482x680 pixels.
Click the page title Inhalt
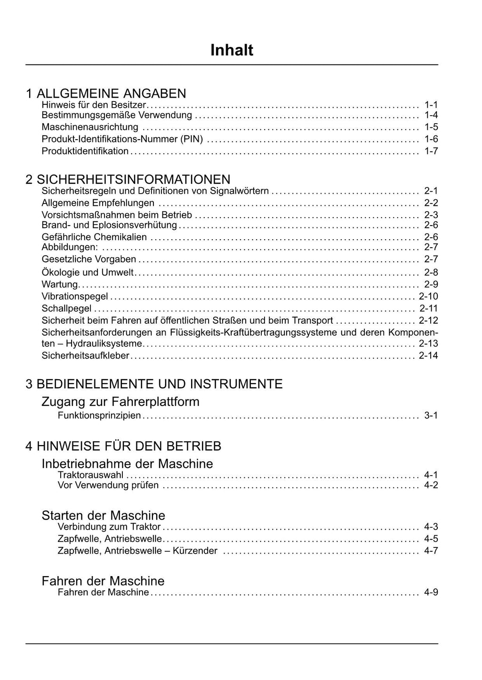tap(232, 50)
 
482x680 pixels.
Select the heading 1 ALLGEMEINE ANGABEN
tap(106, 93)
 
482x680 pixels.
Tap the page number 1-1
tap(431, 104)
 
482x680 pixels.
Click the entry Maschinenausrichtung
tap(90, 127)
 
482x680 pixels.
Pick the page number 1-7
tap(431, 151)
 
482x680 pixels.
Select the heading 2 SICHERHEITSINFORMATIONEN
tap(128, 180)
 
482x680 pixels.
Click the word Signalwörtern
tap(239, 191)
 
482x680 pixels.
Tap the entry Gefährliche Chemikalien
tap(94, 237)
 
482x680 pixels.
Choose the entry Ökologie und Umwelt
tap(88, 273)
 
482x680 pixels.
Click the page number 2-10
tap(428, 296)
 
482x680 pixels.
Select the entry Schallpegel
tap(66, 308)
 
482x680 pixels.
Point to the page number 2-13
tap(428, 344)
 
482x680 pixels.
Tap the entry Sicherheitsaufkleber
tap(85, 356)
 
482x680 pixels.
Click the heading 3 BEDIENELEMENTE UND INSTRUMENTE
tap(154, 384)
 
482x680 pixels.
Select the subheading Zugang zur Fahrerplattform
tap(120, 402)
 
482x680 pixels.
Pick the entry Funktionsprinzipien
tap(99, 415)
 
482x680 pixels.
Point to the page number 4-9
tap(431, 592)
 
